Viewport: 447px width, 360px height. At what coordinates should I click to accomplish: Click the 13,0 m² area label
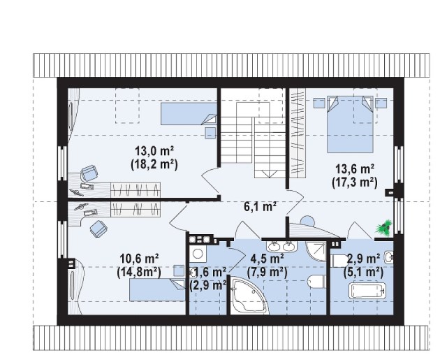pyautogui.click(x=154, y=150)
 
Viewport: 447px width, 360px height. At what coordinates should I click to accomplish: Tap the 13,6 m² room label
pyautogui.click(x=355, y=169)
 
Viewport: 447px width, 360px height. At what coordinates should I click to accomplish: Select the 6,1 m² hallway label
pyautogui.click(x=261, y=206)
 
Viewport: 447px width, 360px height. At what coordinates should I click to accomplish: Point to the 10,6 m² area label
pyautogui.click(x=140, y=259)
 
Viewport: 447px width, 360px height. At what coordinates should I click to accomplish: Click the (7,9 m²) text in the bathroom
pyautogui.click(x=267, y=272)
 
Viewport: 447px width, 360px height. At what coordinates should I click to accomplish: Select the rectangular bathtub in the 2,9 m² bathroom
pyautogui.click(x=368, y=291)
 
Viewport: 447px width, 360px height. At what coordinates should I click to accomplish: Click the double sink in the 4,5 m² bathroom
pyautogui.click(x=281, y=247)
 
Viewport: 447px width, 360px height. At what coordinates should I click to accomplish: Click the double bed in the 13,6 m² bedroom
pyautogui.click(x=350, y=124)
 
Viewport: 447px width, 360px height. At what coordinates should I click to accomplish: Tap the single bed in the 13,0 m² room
pyautogui.click(x=189, y=114)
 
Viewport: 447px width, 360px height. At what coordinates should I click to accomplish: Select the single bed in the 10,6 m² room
pyautogui.click(x=157, y=290)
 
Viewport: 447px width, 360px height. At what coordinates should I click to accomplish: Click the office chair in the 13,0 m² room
pyautogui.click(x=89, y=173)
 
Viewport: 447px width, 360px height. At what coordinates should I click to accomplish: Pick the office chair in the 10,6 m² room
pyautogui.click(x=98, y=229)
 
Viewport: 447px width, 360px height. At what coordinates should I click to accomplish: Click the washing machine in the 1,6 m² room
pyautogui.click(x=197, y=253)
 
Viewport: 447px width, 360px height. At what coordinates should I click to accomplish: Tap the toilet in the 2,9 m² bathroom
pyautogui.click(x=339, y=261)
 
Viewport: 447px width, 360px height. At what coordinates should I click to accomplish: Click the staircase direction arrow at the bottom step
pyautogui.click(x=269, y=174)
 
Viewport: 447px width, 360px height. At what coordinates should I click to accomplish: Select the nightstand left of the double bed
pyautogui.click(x=319, y=103)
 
